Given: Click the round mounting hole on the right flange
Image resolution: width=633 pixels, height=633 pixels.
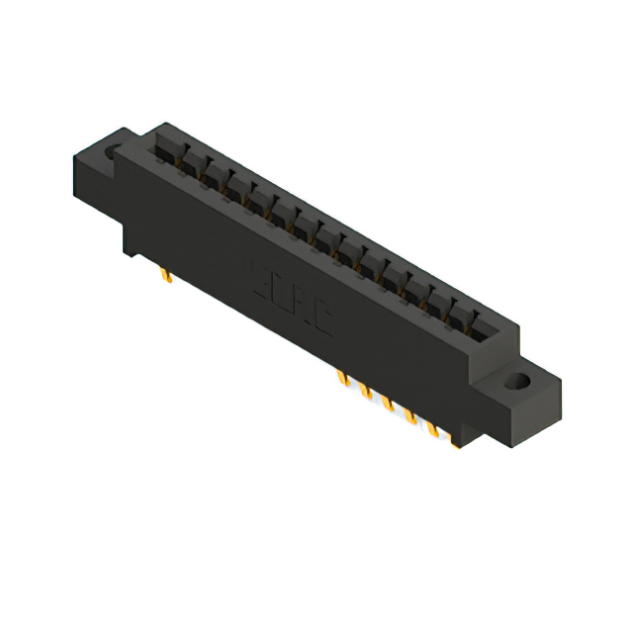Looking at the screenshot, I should click(x=518, y=381).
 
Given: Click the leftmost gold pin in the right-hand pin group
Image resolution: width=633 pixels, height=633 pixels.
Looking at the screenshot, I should click(x=343, y=379).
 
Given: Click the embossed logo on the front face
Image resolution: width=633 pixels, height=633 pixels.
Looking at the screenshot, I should click(x=293, y=297).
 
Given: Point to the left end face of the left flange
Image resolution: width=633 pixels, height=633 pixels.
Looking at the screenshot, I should click(x=89, y=188).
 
